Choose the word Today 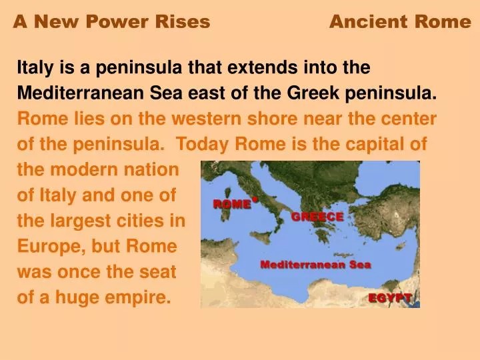coord(202,144)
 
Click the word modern coord(86,169)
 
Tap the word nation coord(151,169)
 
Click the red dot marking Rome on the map coord(255,198)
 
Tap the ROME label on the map coord(231,205)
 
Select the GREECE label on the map coord(317,217)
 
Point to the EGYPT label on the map coord(390,297)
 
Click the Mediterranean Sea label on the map coord(315,264)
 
